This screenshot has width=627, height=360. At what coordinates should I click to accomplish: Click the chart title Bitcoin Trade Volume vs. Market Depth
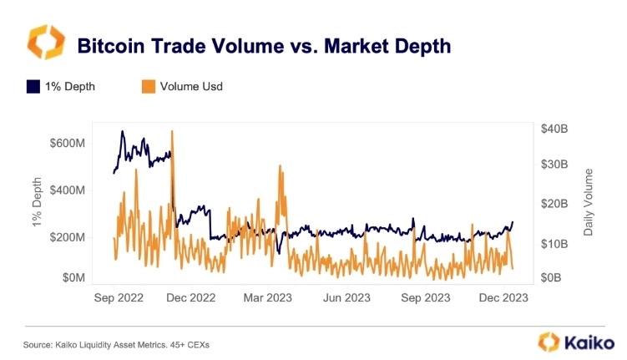[264, 46]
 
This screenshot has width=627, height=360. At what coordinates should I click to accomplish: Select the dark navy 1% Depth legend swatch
[33, 85]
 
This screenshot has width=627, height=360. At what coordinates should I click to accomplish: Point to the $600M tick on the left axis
[68, 143]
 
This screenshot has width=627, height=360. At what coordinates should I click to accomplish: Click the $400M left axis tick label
[68, 190]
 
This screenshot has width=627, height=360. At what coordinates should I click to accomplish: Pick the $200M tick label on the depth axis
[68, 237]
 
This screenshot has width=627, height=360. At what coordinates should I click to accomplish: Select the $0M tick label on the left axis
[73, 277]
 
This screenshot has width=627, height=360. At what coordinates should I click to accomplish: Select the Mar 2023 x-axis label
[268, 297]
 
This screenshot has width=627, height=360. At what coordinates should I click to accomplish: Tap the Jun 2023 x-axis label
[346, 297]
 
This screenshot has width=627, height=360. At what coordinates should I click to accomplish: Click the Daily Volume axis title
[589, 202]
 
